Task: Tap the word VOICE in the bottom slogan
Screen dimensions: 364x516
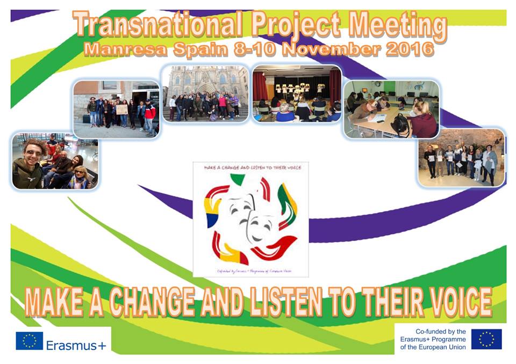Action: point(451,302)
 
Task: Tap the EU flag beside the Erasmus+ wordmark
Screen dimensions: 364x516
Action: point(29,341)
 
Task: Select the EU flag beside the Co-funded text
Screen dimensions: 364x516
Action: point(486,339)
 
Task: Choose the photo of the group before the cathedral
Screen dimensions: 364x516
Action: point(205,94)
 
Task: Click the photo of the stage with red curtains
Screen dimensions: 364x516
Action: point(297,93)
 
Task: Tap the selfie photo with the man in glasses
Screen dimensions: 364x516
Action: point(54,161)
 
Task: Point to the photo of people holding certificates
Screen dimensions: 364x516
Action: point(461,158)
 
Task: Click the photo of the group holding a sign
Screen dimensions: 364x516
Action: point(116,110)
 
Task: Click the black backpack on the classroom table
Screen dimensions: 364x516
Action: point(400,125)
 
